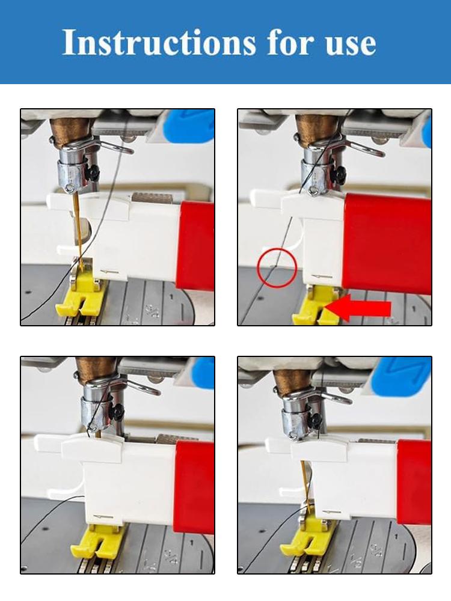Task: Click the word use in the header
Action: pyautogui.click(x=348, y=43)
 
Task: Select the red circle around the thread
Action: pyautogui.click(x=277, y=267)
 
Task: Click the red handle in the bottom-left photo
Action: pyautogui.click(x=194, y=487)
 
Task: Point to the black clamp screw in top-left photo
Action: pyautogui.click(x=92, y=174)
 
